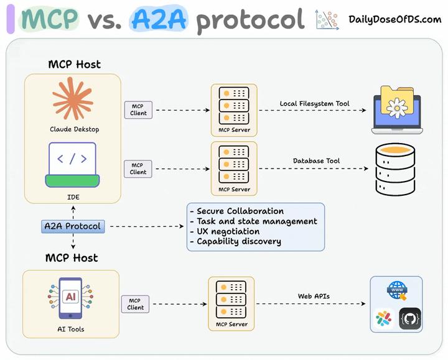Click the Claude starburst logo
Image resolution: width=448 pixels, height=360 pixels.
[x=73, y=99]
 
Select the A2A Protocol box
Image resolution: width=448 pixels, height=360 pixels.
[x=73, y=226]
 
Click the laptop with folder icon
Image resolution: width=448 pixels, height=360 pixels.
[x=396, y=111]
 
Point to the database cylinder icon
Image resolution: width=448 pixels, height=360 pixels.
[x=394, y=169]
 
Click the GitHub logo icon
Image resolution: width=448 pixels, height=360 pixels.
[x=409, y=319]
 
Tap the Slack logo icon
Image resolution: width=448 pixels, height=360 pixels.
[x=383, y=319]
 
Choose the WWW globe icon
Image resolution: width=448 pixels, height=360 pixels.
[x=396, y=290]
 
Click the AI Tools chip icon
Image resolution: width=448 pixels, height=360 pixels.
[x=70, y=297]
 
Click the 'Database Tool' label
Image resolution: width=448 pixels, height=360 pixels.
[x=316, y=160]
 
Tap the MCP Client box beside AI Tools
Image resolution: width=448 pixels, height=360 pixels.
[x=135, y=303]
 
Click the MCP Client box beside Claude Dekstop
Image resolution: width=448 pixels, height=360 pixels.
[x=138, y=109]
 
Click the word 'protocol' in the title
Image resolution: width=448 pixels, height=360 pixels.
[x=250, y=20]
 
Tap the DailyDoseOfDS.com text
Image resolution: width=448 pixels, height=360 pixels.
[x=394, y=19]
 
